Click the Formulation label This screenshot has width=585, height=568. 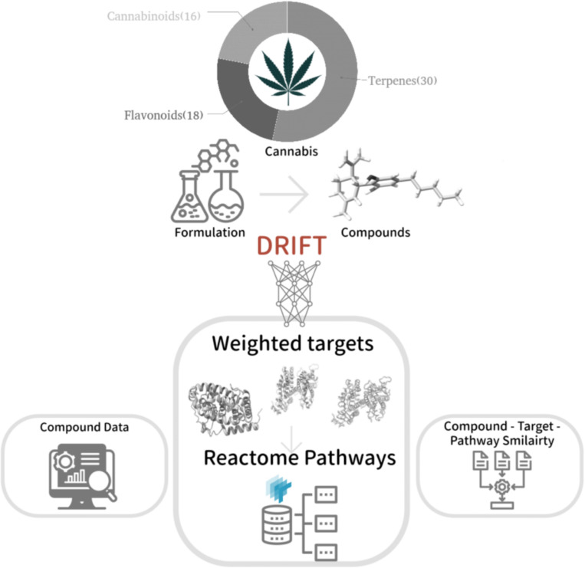pos(209,231)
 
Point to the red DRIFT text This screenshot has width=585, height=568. pos(293,246)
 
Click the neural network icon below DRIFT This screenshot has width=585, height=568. pos(292,287)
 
